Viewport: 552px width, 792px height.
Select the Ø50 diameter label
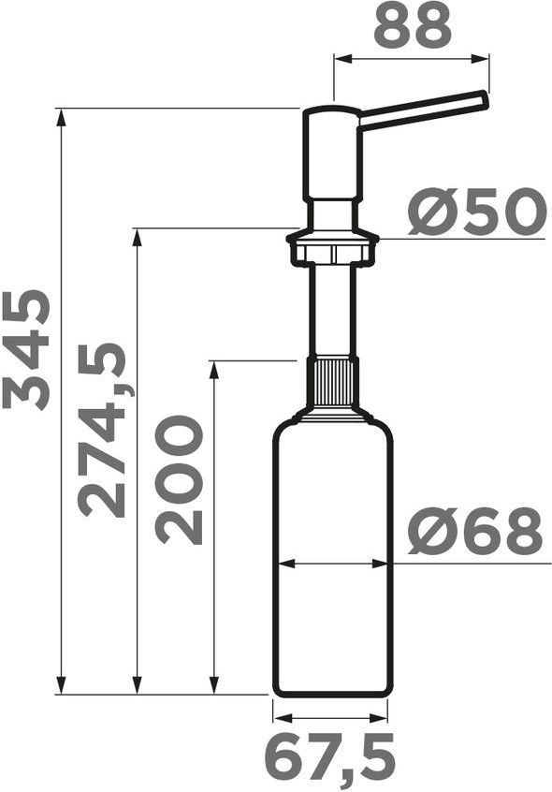pos(477,212)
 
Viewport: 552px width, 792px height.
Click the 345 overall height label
pos(26,349)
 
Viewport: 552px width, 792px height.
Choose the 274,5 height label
pos(102,430)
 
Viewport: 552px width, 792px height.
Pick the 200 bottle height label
pos(179,480)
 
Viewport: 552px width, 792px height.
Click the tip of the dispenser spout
pos(486,99)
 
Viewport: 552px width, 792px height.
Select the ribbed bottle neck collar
pos(333,382)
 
